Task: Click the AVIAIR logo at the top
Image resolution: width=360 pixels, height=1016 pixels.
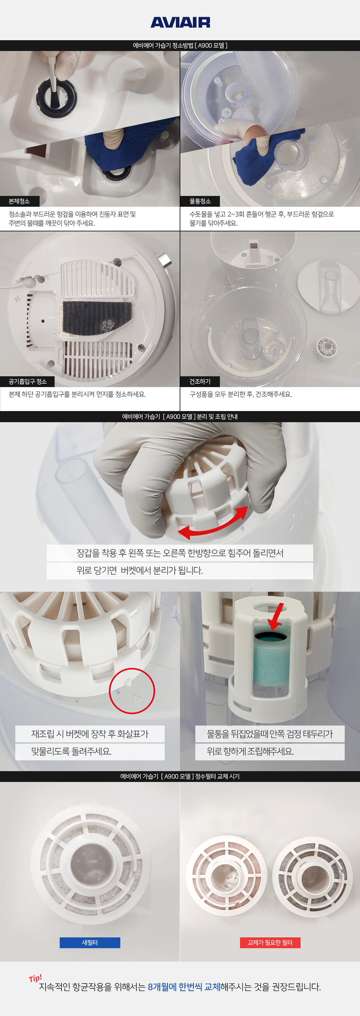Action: point(180,22)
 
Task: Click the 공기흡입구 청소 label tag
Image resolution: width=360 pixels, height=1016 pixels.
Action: point(28,381)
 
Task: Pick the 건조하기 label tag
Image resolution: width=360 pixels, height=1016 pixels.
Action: point(200,381)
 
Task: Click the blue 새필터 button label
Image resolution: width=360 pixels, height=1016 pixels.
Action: point(90,943)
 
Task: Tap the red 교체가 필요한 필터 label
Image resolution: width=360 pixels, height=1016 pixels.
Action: point(270,943)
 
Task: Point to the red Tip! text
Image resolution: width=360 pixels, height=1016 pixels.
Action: point(35,978)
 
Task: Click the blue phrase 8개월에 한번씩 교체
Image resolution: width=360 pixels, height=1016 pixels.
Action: point(184,987)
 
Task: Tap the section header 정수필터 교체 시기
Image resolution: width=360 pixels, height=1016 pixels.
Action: point(217,776)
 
